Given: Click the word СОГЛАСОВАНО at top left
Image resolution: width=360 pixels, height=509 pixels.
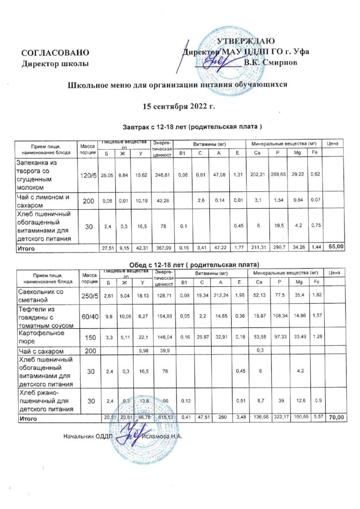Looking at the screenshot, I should pyautogui.click(x=55, y=53).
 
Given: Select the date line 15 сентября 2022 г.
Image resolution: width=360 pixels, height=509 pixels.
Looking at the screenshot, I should pyautogui.click(x=179, y=107).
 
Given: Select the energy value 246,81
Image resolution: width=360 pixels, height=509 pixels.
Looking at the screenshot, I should pyautogui.click(x=163, y=175).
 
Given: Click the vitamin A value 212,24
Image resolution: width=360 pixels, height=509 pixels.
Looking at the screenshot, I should pyautogui.click(x=219, y=296).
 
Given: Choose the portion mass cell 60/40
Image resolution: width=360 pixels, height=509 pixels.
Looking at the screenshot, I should pyautogui.click(x=88, y=317).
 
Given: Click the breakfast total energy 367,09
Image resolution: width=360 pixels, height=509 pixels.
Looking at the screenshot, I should pyautogui.click(x=163, y=247).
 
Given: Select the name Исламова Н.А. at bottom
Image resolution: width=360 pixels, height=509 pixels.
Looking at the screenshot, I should pyautogui.click(x=162, y=436).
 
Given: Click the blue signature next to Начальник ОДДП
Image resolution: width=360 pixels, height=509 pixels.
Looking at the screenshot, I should pyautogui.click(x=128, y=433).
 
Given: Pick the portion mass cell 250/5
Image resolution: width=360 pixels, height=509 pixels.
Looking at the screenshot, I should pyautogui.click(x=88, y=296).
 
